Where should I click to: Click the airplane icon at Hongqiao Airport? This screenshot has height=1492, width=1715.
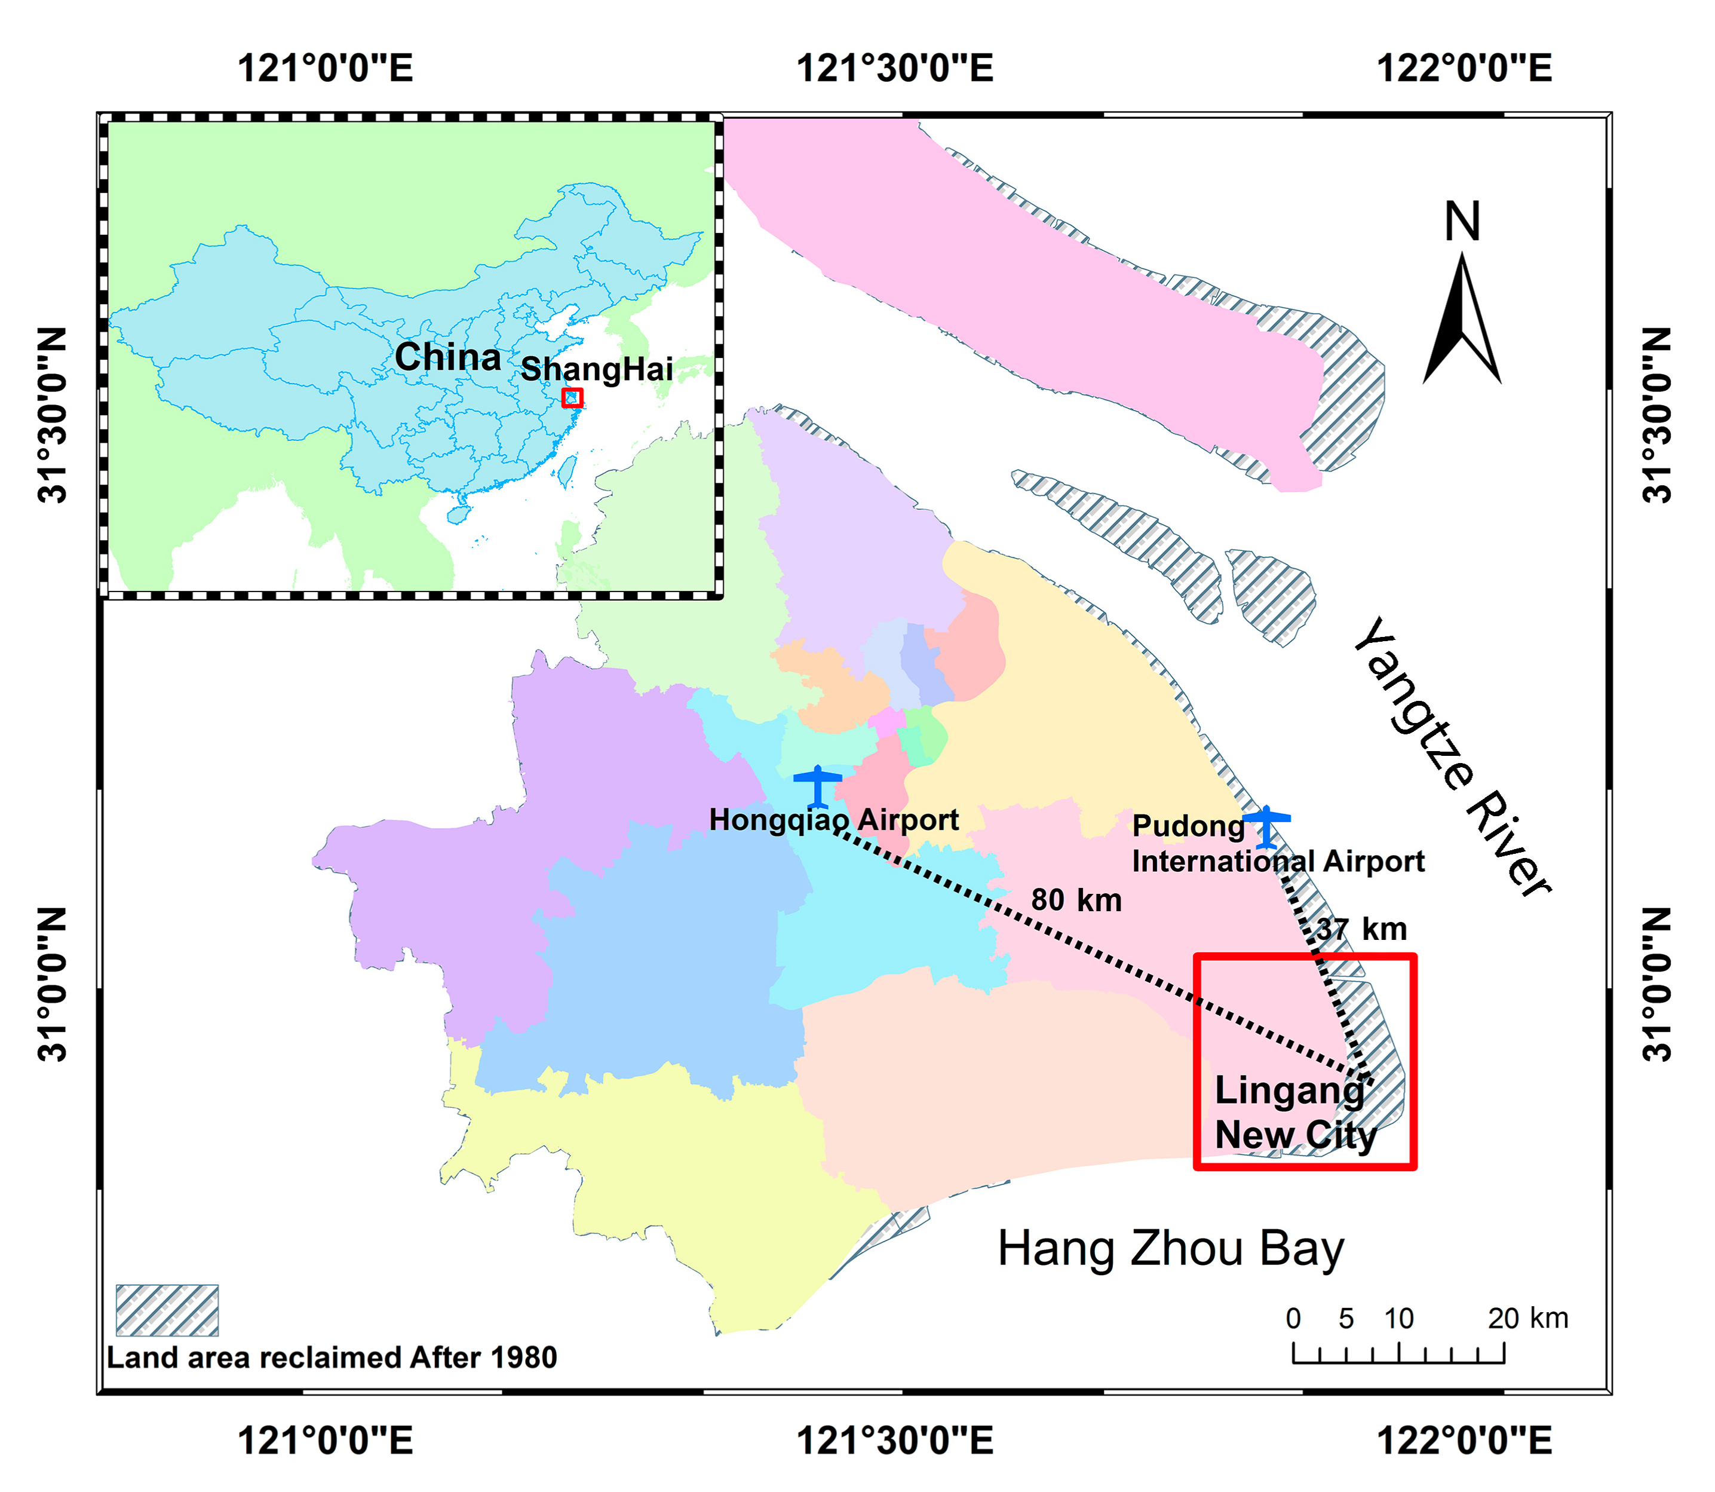pyautogui.click(x=818, y=785)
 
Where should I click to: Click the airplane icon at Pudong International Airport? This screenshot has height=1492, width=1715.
pyautogui.click(x=1265, y=826)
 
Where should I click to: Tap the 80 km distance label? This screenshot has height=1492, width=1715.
pyautogui.click(x=1076, y=900)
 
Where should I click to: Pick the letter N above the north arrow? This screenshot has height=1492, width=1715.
pyautogui.click(x=1462, y=222)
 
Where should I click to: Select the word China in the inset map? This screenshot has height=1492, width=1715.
pyautogui.click(x=448, y=357)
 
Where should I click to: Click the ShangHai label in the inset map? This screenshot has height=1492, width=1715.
pyautogui.click(x=596, y=369)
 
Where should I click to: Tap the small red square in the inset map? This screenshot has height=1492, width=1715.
pyautogui.click(x=572, y=398)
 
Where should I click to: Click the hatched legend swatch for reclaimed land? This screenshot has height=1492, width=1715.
pyautogui.click(x=167, y=1310)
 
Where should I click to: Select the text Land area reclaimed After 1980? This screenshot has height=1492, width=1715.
pyautogui.click(x=332, y=1358)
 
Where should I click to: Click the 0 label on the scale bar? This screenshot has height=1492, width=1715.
pyautogui.click(x=1292, y=1319)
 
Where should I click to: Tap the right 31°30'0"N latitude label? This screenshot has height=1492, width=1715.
pyautogui.click(x=1656, y=415)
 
